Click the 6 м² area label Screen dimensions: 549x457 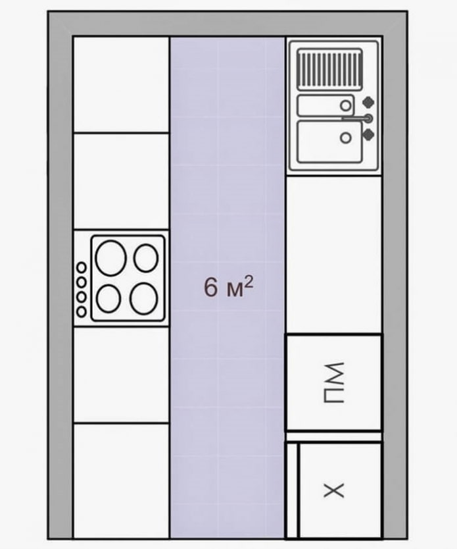click(x=228, y=288)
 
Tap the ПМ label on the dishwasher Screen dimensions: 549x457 click(x=334, y=382)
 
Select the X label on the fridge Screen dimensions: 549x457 click(x=335, y=490)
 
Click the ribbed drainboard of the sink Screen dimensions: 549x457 click(x=329, y=68)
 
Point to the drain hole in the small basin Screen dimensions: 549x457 click(x=345, y=104)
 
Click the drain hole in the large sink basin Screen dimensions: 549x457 click(x=345, y=137)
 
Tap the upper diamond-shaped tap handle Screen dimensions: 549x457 click(x=369, y=102)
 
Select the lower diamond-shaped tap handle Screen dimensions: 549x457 click(x=369, y=134)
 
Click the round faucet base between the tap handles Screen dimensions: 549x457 click(x=368, y=118)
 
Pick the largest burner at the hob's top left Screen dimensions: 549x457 click(x=110, y=257)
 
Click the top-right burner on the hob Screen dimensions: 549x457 click(x=145, y=257)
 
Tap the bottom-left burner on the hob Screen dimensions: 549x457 click(x=108, y=300)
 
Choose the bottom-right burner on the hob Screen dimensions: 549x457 click(x=143, y=299)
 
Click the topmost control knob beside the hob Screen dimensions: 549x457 click(x=82, y=267)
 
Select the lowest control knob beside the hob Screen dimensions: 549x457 click(x=82, y=312)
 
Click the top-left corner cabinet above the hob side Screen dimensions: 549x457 click(x=121, y=84)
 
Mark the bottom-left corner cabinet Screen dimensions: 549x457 click(x=121, y=481)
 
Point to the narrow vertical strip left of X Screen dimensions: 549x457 click(x=293, y=490)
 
